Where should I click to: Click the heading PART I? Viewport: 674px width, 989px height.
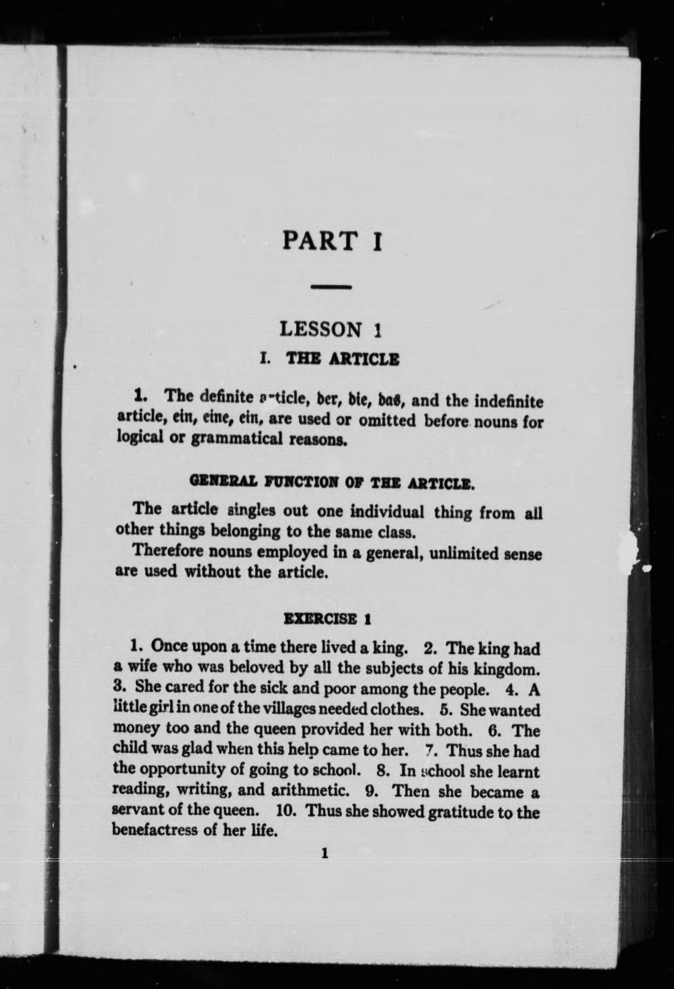coord(332,241)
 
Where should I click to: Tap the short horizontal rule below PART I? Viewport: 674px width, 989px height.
coord(332,286)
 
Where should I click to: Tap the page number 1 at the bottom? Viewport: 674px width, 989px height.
coord(325,853)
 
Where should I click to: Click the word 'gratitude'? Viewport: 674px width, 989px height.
coord(461,811)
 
